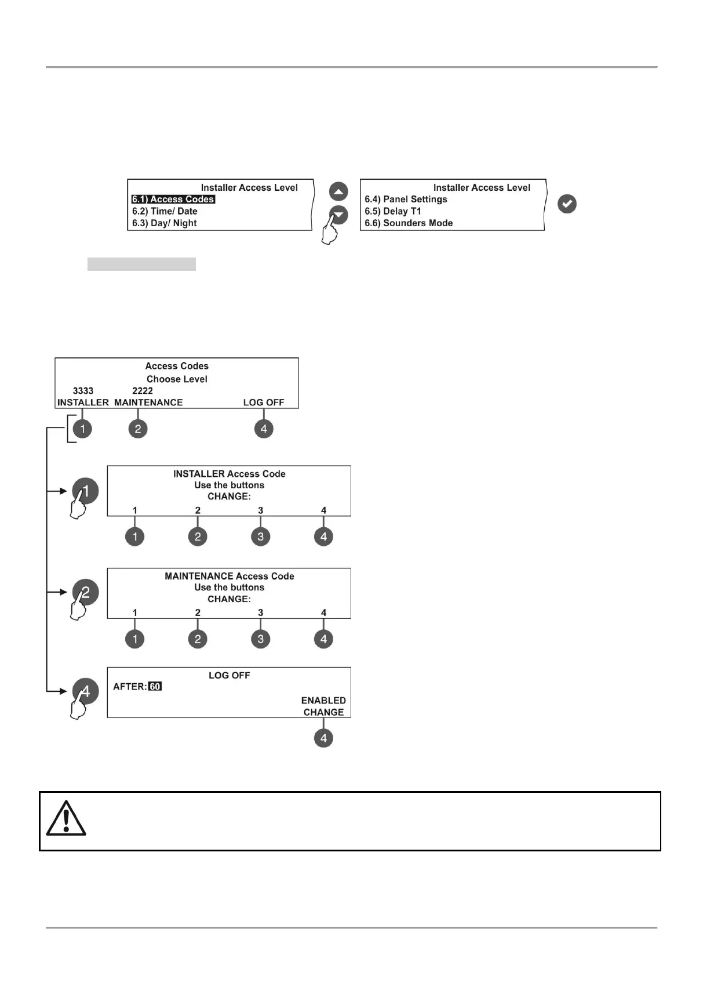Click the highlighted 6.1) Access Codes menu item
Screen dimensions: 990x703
(173, 200)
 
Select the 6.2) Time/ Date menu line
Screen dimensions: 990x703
(165, 211)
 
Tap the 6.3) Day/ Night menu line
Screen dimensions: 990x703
(165, 223)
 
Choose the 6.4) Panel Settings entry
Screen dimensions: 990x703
(406, 200)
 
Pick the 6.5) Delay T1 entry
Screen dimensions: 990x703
(393, 211)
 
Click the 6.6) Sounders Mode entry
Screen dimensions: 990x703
(409, 223)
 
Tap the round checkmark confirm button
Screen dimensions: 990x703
(567, 204)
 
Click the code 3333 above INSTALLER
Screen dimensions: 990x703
(83, 391)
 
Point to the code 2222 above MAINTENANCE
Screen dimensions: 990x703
(143, 391)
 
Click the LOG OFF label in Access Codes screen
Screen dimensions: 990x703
(264, 402)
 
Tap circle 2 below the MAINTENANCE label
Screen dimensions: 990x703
(138, 429)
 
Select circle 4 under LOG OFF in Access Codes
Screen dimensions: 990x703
(264, 429)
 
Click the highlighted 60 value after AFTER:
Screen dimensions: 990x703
(155, 687)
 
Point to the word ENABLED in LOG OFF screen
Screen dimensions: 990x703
(323, 701)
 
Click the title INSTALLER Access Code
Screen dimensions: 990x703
(229, 474)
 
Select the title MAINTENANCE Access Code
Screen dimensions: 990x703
(229, 576)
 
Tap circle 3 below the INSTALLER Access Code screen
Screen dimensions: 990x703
(260, 536)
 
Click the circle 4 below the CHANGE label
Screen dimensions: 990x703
(323, 738)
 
